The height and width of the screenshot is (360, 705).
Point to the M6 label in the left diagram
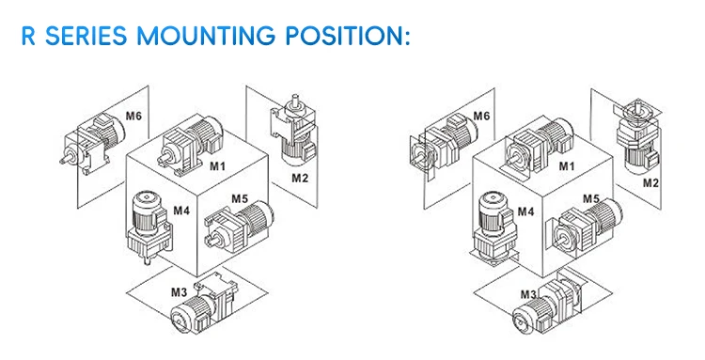click(x=134, y=116)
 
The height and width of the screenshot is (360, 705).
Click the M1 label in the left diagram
click(x=217, y=165)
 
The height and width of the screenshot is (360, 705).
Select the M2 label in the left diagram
click(x=300, y=177)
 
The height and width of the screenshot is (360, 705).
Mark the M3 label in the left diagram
click(x=179, y=292)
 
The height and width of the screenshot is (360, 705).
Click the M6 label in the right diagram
click(x=481, y=116)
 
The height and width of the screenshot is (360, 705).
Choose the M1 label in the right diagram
click(x=566, y=166)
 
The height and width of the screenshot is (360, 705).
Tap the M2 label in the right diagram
click(x=650, y=182)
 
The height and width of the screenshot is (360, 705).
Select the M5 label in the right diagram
click(x=591, y=198)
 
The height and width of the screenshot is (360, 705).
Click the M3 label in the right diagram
click(x=529, y=294)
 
